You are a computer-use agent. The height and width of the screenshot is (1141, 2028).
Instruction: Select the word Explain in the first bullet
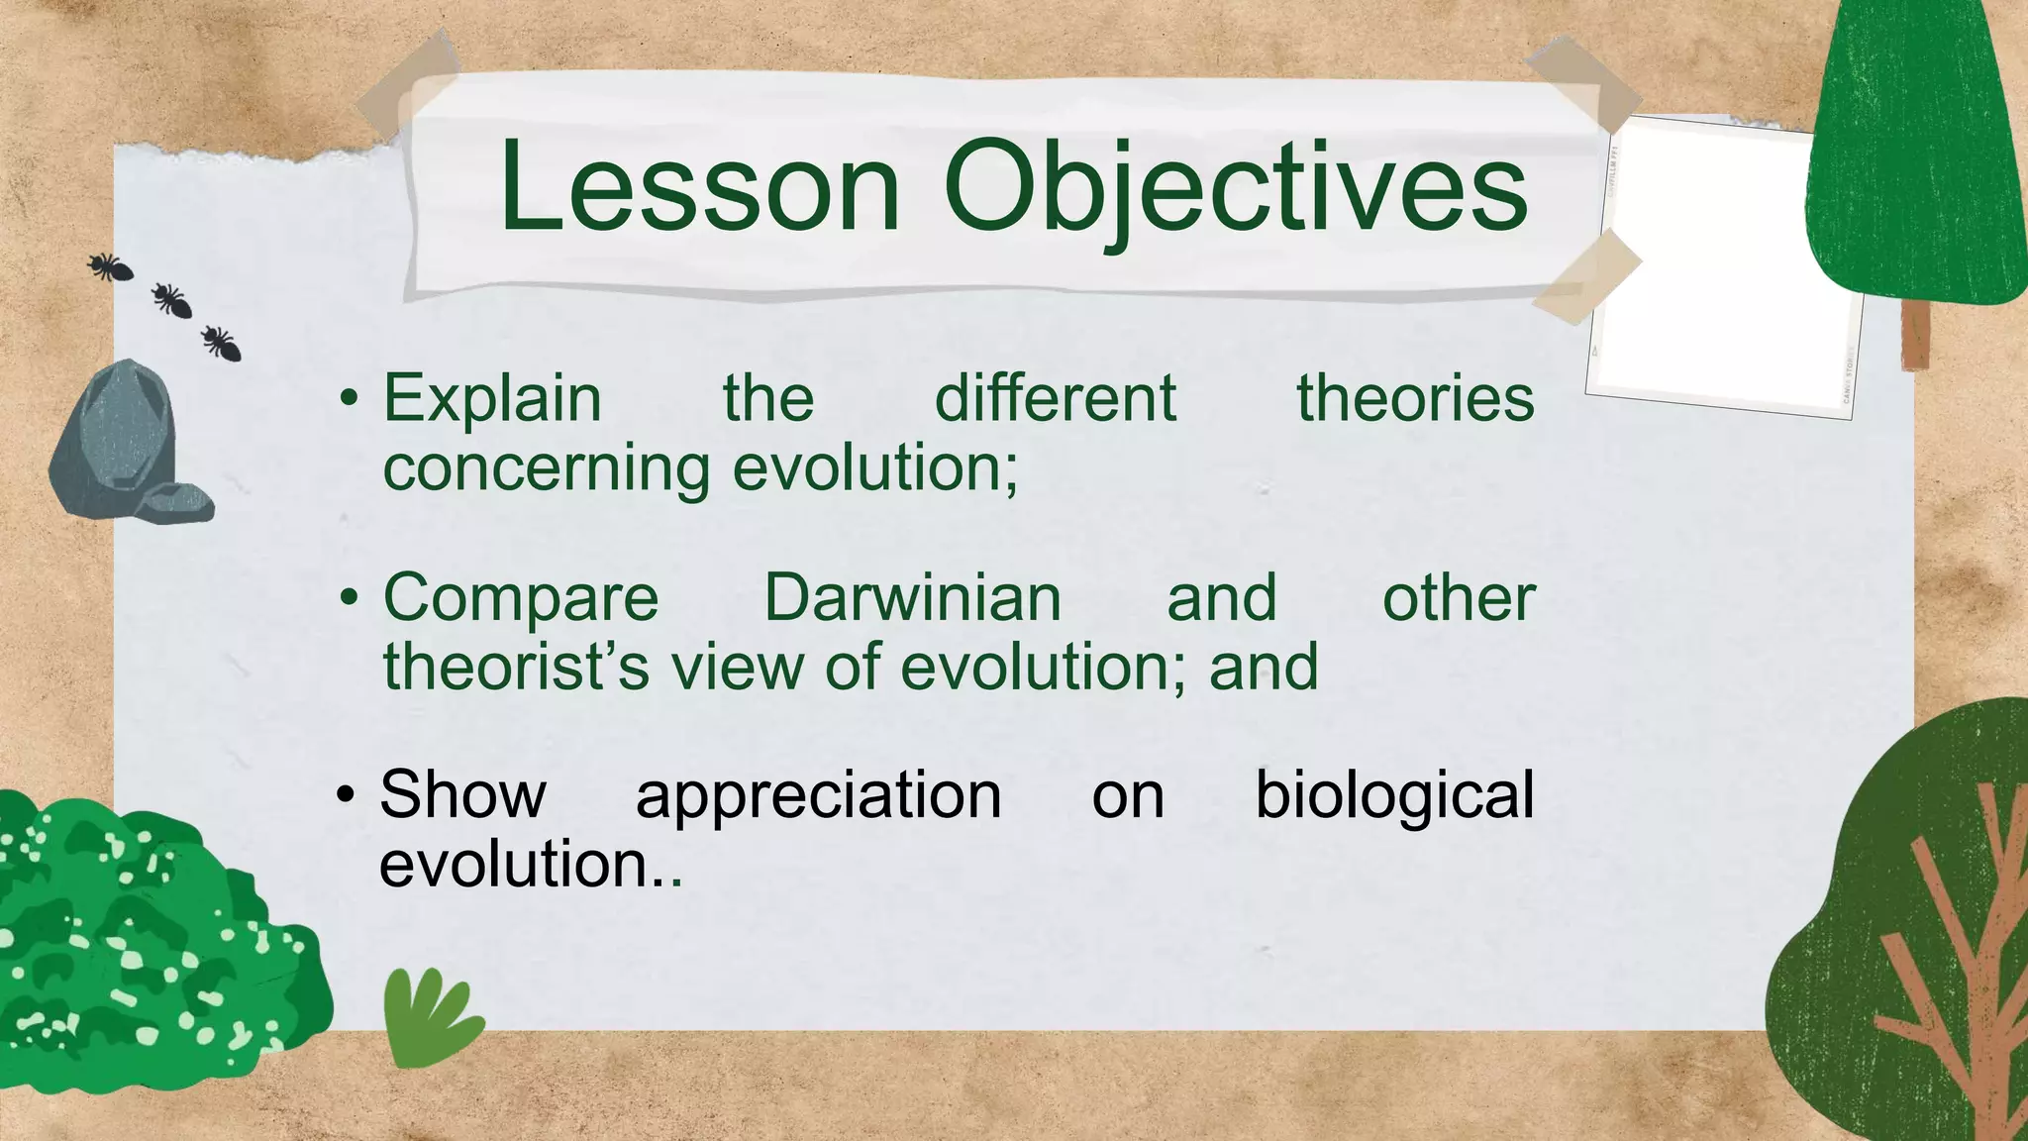[x=492, y=399]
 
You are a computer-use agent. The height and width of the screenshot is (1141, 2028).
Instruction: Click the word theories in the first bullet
[x=1415, y=399]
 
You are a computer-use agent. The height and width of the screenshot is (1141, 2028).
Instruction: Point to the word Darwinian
[x=912, y=599]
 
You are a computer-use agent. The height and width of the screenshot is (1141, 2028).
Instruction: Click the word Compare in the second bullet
[x=521, y=599]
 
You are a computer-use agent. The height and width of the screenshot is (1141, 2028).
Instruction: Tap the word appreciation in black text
[x=818, y=795]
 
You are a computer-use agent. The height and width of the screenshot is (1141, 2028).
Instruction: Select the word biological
[x=1394, y=795]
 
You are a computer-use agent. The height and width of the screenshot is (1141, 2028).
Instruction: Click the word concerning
[x=546, y=468]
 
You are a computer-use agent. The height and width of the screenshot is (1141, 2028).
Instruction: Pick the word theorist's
[x=516, y=667]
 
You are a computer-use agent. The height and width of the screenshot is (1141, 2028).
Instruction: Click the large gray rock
[x=114, y=436]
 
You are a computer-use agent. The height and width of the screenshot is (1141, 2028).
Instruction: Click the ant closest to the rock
[x=221, y=343]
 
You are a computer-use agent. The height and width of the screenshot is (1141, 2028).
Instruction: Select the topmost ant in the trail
[x=109, y=266]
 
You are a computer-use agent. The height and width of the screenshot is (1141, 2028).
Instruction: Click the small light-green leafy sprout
[x=429, y=1015]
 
